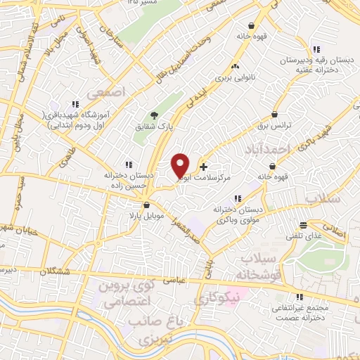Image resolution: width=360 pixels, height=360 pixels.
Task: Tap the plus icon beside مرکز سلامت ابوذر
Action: [x=204, y=167]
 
